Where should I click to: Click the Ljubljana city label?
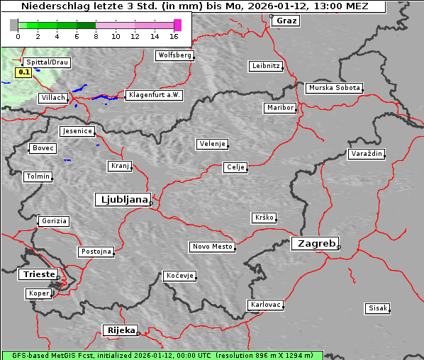coord(122,200)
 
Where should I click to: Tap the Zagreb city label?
coord(314,244)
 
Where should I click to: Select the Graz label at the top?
coord(286,21)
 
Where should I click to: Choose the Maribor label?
coord(279,108)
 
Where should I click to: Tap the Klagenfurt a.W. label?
coord(154,95)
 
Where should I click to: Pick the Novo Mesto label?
coord(212,247)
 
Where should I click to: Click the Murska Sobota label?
coord(334,89)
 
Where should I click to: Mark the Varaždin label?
coord(367,154)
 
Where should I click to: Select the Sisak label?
coord(377,308)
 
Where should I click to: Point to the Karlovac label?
coord(266,305)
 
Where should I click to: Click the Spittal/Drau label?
coord(47,62)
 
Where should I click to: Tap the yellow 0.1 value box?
coord(23,72)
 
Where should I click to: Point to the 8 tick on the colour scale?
coord(96,35)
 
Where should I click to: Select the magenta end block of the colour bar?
coord(177,25)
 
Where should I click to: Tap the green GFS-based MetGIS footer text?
coord(162,355)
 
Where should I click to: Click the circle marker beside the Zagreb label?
coord(339,247)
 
